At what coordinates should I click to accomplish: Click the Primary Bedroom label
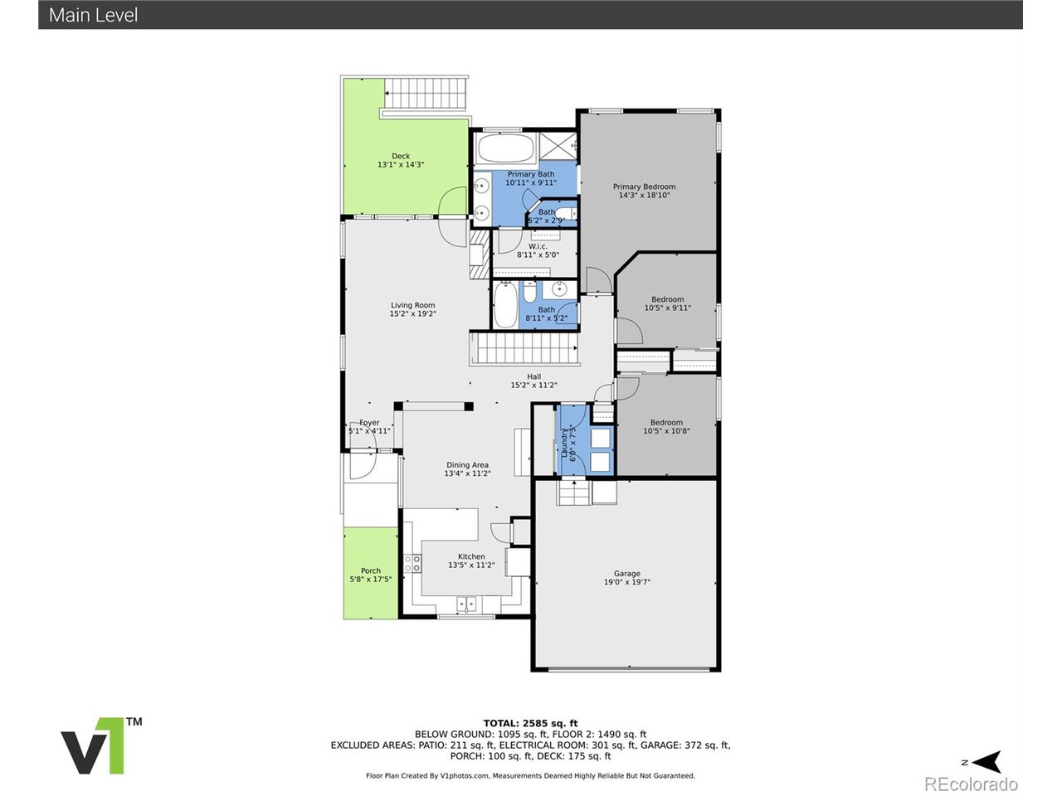tap(644, 191)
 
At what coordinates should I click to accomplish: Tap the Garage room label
tap(626, 578)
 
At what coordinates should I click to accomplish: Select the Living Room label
tap(412, 309)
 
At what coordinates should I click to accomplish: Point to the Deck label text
tap(401, 160)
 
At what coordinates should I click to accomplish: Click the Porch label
tap(370, 575)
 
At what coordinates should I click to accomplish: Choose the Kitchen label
tap(471, 561)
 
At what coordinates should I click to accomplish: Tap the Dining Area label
tap(467, 469)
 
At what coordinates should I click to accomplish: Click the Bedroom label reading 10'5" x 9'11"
tap(667, 303)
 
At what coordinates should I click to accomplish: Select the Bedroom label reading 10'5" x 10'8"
tap(666, 426)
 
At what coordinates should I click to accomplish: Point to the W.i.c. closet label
tap(538, 250)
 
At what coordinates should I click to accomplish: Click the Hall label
tap(533, 381)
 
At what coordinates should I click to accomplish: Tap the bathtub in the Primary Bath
tap(505, 149)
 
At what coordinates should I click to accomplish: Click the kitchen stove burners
tap(412, 564)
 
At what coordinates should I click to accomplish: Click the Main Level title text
tap(93, 15)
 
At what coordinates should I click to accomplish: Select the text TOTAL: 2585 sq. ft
tap(530, 723)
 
